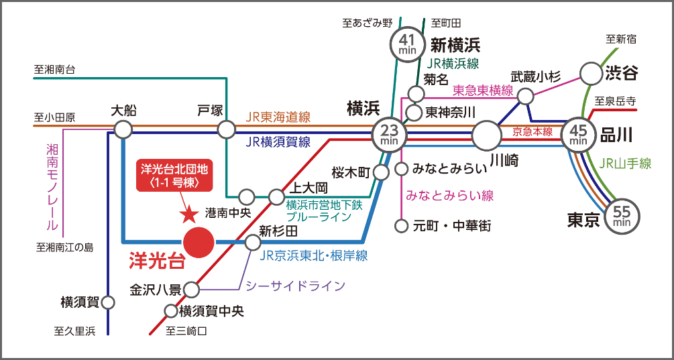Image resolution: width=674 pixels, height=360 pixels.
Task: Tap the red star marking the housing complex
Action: pos(189,215)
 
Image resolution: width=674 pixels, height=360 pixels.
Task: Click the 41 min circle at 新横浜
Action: pos(407,44)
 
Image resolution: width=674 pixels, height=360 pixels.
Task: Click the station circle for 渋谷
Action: pos(591,73)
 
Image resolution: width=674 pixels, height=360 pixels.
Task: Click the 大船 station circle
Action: pos(123,129)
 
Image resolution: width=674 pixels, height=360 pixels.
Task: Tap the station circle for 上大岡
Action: pos(276,197)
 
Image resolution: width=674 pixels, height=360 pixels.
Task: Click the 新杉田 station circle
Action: pos(252,242)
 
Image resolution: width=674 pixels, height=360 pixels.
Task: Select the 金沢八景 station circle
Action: pos(191,290)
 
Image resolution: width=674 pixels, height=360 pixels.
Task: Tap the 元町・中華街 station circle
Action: pos(402,226)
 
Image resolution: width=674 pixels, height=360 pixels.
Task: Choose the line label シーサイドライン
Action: pos(296,286)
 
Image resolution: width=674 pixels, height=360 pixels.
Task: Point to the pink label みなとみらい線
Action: pos(450,196)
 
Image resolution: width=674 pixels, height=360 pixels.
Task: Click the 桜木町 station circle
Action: pos(381,172)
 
